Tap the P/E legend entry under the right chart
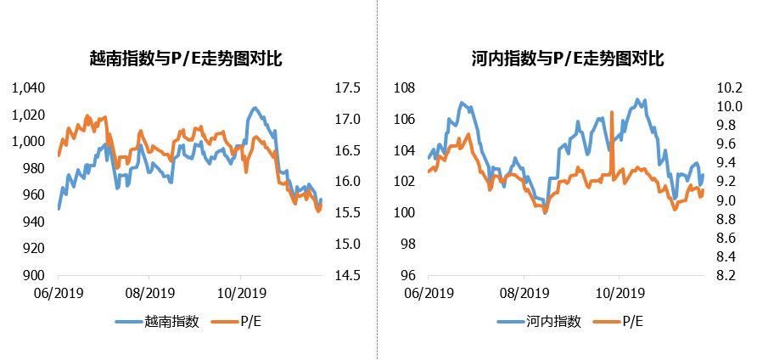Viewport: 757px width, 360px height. tap(633, 322)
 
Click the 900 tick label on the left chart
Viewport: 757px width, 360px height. tap(34, 275)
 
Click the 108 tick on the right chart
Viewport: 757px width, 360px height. tap(404, 87)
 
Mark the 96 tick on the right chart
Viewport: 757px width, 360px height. tap(407, 275)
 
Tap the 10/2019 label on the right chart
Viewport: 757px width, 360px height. tap(617, 293)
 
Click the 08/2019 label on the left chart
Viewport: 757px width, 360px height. tap(149, 293)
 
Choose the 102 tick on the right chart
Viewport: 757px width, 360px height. tap(404, 182)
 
